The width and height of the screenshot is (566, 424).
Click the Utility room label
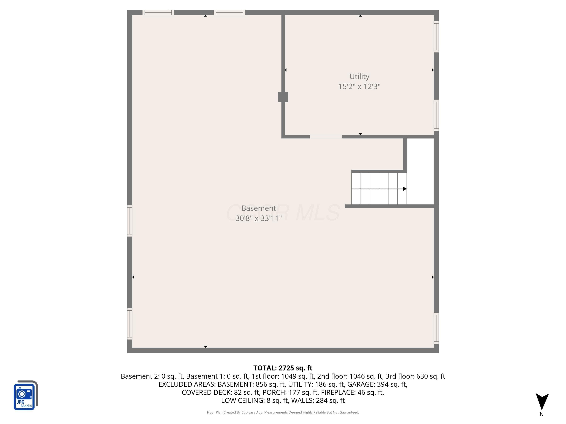point(359,77)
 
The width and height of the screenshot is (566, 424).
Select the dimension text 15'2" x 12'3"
point(359,86)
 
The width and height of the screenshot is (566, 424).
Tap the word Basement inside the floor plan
point(259,208)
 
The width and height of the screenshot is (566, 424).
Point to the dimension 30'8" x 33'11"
point(259,218)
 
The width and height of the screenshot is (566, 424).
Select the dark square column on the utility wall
point(283,97)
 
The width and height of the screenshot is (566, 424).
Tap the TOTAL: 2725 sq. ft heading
point(283,368)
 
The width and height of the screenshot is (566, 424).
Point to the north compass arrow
point(542,402)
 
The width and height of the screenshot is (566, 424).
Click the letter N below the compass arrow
point(542,414)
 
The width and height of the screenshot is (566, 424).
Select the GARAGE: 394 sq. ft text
point(377,384)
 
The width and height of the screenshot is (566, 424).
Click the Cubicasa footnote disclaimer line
point(283,412)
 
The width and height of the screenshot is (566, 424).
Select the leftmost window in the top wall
point(158,12)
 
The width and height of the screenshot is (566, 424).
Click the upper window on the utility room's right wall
point(436,37)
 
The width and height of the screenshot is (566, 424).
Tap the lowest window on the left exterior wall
point(130,324)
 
